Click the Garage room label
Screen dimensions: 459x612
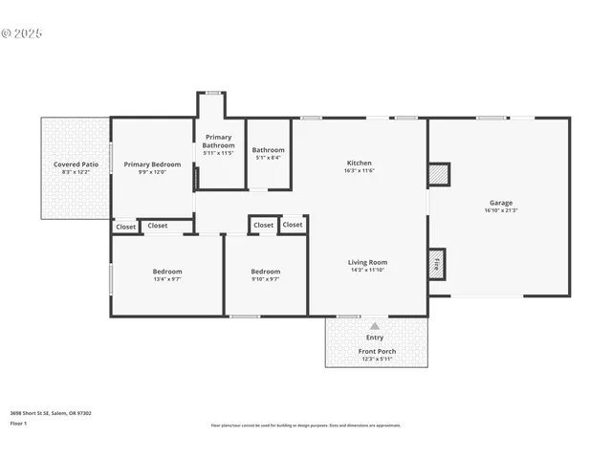(501, 203)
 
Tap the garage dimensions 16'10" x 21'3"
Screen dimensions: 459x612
(501, 210)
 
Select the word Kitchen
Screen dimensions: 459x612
(359, 163)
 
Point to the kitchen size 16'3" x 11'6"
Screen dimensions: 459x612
(359, 171)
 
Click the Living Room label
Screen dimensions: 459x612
(367, 262)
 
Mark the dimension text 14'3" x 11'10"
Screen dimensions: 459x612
(367, 271)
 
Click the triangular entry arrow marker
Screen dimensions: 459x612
(375, 326)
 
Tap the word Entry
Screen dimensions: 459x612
(375, 337)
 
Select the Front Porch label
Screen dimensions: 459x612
(377, 351)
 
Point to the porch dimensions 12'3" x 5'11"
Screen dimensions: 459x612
(377, 360)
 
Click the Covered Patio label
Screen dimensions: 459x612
(76, 164)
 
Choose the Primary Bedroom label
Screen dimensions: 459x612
(152, 164)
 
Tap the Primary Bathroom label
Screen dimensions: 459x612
(219, 141)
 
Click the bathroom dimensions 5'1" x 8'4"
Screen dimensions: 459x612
(268, 158)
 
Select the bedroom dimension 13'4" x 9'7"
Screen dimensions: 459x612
(167, 280)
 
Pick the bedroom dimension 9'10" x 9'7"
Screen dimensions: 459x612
(266, 280)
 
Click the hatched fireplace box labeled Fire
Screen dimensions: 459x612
(437, 263)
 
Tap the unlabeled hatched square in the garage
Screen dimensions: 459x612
(438, 175)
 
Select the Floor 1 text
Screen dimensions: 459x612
(18, 423)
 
